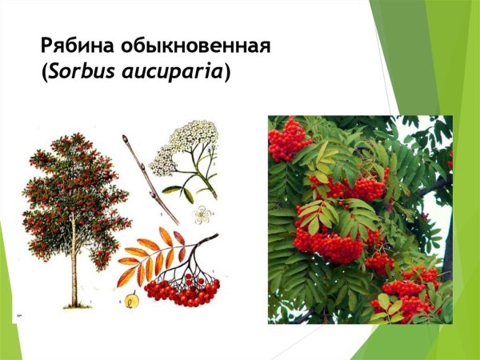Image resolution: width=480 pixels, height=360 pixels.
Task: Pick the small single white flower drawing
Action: pos(203,214)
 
